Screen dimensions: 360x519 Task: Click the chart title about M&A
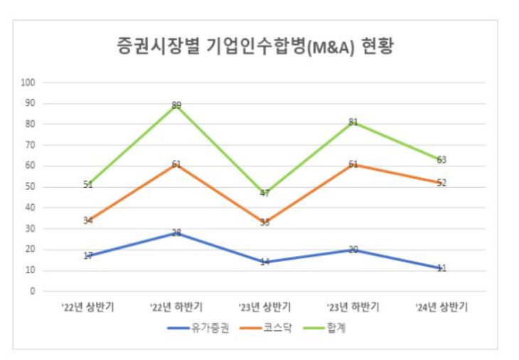click(255, 47)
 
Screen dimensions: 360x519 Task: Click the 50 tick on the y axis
click(31, 187)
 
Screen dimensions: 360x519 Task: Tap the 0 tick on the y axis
click(33, 291)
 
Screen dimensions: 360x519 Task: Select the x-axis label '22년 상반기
click(88, 307)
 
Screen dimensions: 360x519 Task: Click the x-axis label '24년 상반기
click(441, 307)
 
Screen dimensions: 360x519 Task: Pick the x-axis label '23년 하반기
click(353, 307)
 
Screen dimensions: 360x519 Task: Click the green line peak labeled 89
click(176, 105)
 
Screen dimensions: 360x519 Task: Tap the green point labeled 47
click(264, 193)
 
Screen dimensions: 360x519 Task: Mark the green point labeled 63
click(441, 159)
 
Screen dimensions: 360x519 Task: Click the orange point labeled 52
click(441, 183)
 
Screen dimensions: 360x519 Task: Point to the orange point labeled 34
click(88, 221)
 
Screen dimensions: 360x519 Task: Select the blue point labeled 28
click(176, 233)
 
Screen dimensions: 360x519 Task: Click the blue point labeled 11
click(441, 268)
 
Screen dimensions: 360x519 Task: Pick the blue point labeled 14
click(264, 262)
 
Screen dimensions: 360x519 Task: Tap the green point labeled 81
click(353, 122)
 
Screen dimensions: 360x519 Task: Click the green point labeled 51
click(88, 185)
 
